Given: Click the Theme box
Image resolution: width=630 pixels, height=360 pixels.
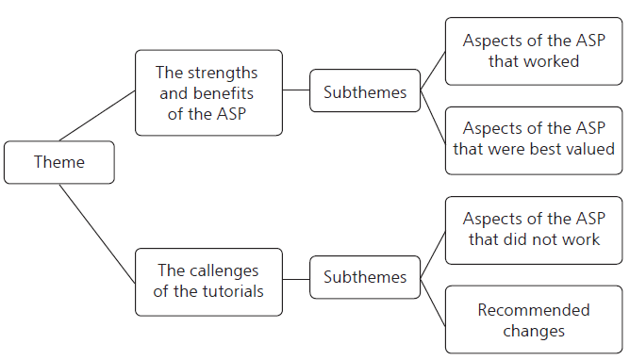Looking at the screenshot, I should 59,162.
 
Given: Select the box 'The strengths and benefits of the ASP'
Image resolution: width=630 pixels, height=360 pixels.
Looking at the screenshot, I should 208,92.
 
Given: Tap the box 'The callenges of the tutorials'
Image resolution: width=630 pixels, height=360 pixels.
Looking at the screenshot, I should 208,281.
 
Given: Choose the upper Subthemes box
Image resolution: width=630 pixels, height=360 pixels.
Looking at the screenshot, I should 365,92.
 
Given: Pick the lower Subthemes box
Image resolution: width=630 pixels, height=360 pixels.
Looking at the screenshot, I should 365,277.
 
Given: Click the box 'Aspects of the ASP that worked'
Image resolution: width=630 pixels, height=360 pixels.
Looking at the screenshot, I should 534,51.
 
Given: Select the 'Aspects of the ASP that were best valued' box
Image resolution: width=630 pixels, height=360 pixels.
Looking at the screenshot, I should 534,139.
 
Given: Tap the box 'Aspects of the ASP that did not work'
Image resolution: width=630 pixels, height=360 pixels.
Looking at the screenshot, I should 534,228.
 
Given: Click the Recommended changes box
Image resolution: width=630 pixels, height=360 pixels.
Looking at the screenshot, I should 534,319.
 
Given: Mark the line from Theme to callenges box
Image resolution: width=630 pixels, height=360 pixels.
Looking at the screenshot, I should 97,232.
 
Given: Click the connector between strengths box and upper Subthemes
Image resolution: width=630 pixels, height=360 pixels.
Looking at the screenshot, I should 296,92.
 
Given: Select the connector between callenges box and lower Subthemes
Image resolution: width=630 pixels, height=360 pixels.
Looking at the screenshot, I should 296,278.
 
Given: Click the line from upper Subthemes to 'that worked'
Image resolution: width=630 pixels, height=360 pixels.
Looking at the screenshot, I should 433,72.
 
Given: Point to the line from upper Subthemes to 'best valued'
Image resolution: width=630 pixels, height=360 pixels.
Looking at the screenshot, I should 433,115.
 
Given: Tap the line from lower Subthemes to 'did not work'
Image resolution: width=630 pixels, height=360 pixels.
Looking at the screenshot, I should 433,254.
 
